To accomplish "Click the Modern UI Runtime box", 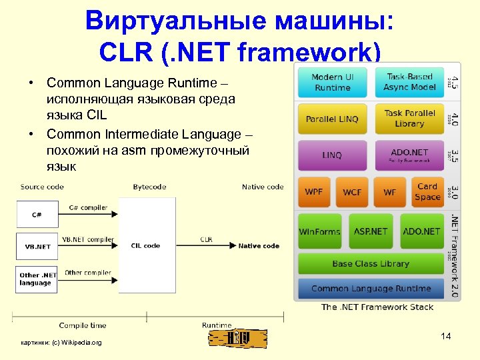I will click(x=332, y=83).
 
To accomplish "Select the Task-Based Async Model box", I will click(x=409, y=83).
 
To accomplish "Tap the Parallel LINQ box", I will click(x=332, y=119).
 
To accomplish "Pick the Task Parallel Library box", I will click(x=409, y=119).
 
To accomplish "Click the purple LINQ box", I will click(x=332, y=155).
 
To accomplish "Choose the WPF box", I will click(x=313, y=192).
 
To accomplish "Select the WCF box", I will click(x=352, y=192).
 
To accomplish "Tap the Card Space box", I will click(x=427, y=192).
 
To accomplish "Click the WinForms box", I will click(x=319, y=231).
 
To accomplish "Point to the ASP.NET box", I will click(x=371, y=231).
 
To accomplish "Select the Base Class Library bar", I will click(x=371, y=264).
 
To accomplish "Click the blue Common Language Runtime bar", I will click(x=371, y=289).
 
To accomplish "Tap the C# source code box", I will click(x=37, y=214).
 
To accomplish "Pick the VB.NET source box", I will click(x=37, y=246).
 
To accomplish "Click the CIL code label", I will click(x=145, y=246).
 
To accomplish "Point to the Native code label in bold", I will click(x=259, y=246).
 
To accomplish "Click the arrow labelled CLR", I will click(x=207, y=246).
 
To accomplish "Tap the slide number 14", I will click(x=446, y=337).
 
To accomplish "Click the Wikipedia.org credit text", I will click(x=61, y=343).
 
